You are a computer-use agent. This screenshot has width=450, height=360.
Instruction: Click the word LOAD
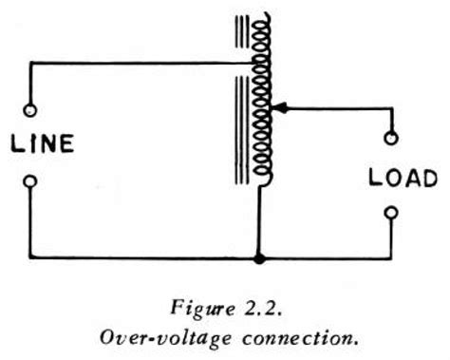tap(403, 178)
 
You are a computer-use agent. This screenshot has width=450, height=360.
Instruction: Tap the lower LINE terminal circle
tap(30, 180)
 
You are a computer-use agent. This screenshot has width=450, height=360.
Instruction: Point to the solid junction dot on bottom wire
tap(259, 257)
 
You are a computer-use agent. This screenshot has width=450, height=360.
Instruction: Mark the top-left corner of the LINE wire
tap(30, 63)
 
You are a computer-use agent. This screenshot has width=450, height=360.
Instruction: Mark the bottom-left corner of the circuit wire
tap(30, 257)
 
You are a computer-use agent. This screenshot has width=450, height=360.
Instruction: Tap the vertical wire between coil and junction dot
tap(259, 223)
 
